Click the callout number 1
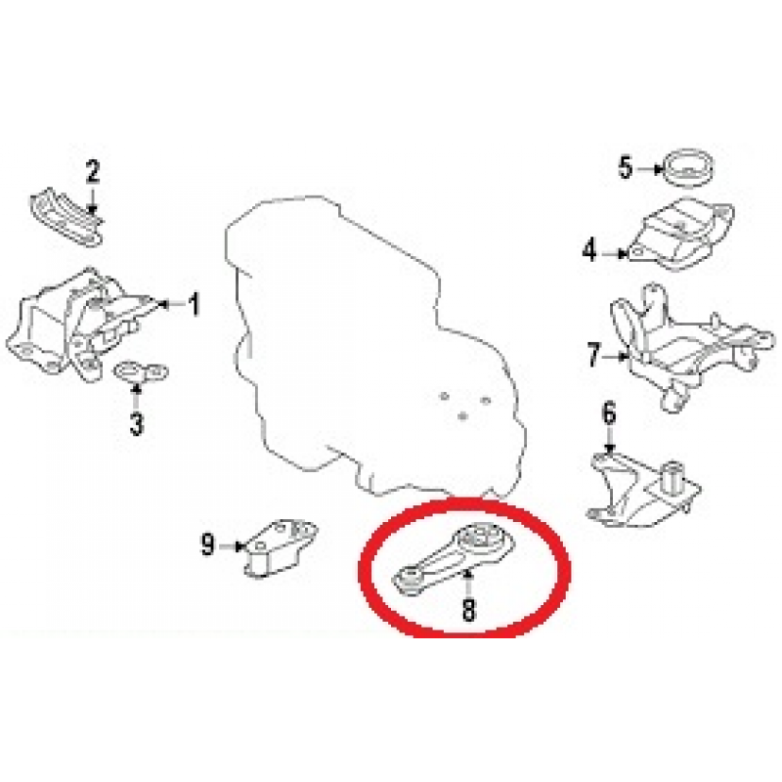click(x=194, y=304)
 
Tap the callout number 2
click(x=93, y=172)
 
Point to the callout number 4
click(x=589, y=250)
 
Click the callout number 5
click(x=626, y=167)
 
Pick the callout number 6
click(x=609, y=413)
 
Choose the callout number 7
click(x=593, y=355)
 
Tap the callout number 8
click(x=468, y=609)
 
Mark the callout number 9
click(x=208, y=544)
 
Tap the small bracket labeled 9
click(x=281, y=548)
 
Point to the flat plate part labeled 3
click(x=142, y=371)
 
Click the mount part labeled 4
click(x=681, y=236)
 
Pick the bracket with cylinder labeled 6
click(x=643, y=492)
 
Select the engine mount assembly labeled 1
click(x=80, y=325)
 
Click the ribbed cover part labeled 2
click(x=67, y=218)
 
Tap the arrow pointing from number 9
click(x=231, y=546)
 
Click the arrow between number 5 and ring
click(x=649, y=169)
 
